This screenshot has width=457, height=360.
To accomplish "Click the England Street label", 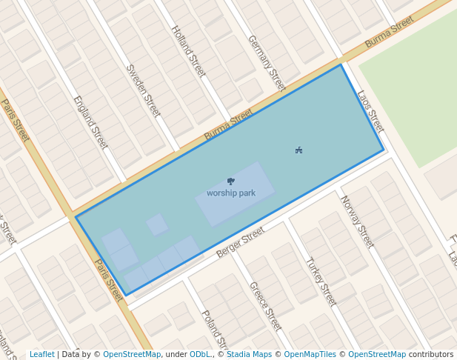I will (x=90, y=122).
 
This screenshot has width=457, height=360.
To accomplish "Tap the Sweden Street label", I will (x=143, y=90).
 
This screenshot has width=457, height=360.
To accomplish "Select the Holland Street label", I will (x=188, y=52).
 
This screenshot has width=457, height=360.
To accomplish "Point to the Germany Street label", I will (x=267, y=63).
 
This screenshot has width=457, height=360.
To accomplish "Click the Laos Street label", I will (x=370, y=111).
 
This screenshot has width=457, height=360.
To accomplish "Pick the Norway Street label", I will (x=357, y=221).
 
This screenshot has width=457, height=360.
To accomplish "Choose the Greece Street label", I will (x=265, y=305).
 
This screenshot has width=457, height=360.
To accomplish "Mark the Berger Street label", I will (x=240, y=243).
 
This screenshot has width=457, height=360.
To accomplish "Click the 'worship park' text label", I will (x=231, y=193).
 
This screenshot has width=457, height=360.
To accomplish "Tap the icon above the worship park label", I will (x=231, y=181).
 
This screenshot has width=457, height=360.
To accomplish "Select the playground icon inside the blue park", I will (x=298, y=150).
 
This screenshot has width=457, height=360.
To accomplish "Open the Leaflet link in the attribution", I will (x=41, y=355).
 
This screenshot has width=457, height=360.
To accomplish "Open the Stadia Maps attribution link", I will (x=249, y=355).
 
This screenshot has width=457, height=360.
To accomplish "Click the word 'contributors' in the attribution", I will (x=431, y=355).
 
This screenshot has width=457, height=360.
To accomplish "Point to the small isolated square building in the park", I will (x=157, y=224).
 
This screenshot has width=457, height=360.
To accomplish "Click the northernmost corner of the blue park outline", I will (x=341, y=65).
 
